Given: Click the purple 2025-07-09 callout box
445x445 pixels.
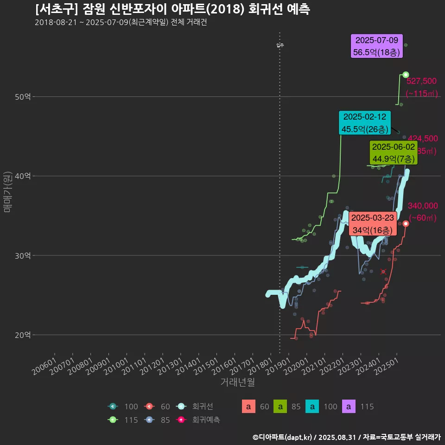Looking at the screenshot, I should point(376,46).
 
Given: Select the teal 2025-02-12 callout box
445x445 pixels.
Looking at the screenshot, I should point(365,123).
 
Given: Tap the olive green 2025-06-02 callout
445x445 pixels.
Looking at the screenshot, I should point(394,153).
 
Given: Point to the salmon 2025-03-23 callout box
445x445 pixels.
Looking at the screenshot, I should point(373,224).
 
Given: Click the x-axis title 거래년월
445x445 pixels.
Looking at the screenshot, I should point(237,382).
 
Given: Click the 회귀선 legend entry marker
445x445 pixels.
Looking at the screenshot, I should point(182,407).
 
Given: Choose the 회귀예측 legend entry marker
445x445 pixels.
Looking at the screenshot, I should point(182,420).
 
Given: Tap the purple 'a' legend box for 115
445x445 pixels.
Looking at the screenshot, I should point(349,407).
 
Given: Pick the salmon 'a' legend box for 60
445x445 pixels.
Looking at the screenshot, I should point(248,407).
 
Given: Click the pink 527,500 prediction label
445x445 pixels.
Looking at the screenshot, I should point(421,82).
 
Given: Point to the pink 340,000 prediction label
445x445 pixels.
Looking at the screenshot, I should point(423,206).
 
